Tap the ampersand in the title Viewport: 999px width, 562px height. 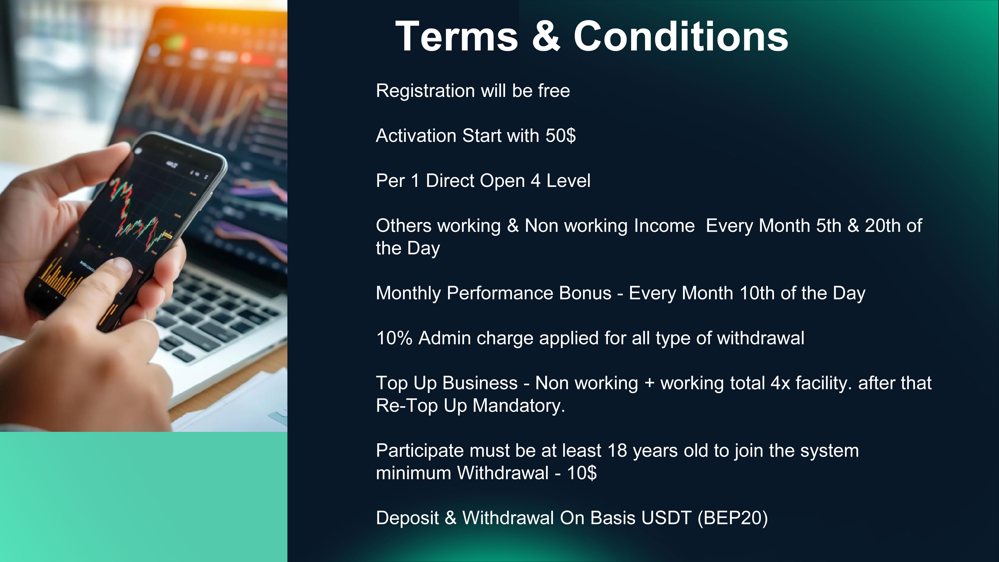point(546,36)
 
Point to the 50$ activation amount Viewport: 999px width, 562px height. point(560,136)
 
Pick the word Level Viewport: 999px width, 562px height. point(568,181)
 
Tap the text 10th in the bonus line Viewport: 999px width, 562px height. point(757,293)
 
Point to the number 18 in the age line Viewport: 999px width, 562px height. point(617,451)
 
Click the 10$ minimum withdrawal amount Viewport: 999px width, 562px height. point(582,473)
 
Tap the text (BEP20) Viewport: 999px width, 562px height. point(733,519)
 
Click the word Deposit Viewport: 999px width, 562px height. point(407,519)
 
